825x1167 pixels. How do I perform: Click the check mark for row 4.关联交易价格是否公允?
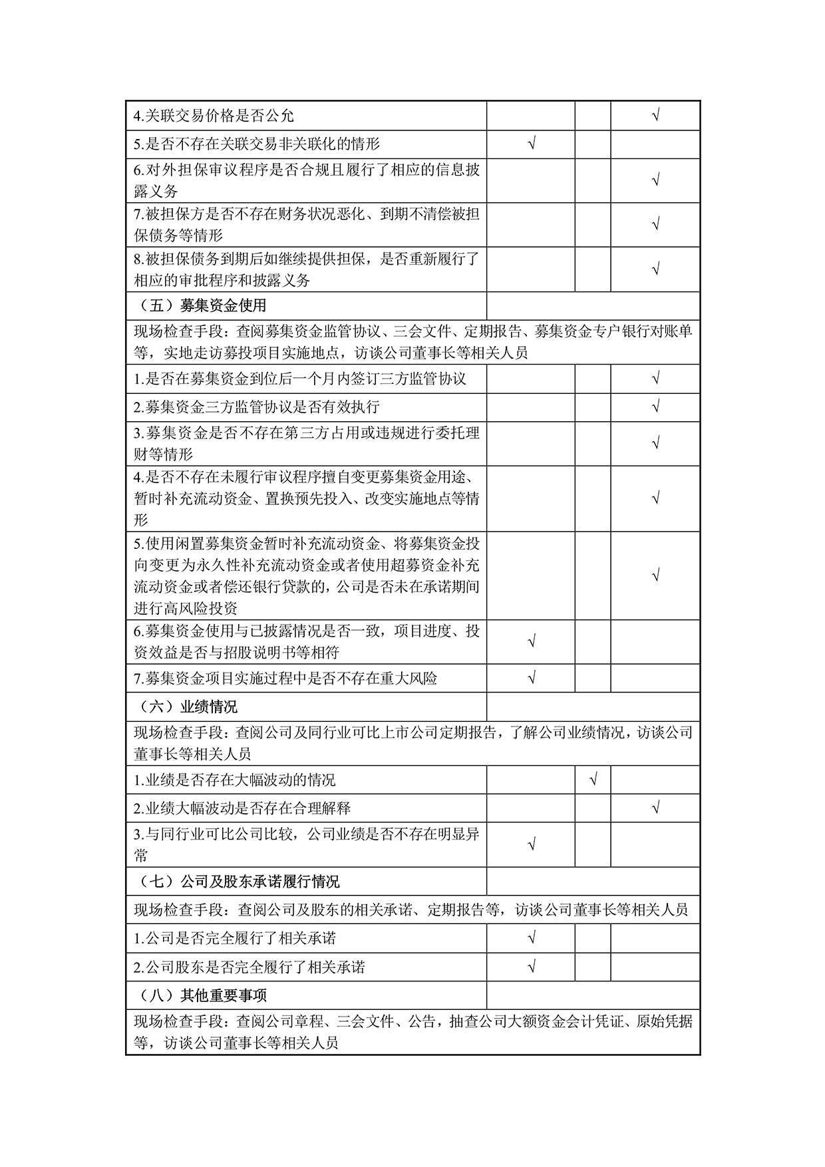pos(655,116)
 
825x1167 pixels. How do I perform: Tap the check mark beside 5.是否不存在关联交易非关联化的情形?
pos(531,144)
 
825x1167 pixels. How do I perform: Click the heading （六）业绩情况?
pos(190,706)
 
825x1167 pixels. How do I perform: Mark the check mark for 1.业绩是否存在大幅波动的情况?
pos(593,779)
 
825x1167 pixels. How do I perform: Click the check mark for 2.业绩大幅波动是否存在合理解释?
pos(655,808)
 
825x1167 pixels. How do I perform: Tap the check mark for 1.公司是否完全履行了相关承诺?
pos(531,938)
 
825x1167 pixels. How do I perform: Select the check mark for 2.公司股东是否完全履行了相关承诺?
pos(531,967)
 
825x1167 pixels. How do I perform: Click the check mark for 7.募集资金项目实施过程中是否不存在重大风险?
pos(531,678)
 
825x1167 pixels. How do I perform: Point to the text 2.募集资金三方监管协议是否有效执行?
pos(256,407)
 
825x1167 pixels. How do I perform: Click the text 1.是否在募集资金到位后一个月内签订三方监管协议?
pos(300,379)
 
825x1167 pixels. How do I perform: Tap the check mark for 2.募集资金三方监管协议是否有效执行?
pos(655,407)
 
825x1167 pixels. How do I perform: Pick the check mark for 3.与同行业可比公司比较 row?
pos(531,844)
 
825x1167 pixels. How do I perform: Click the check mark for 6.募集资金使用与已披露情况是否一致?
pos(531,641)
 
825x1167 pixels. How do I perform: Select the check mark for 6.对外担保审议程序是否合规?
pos(655,180)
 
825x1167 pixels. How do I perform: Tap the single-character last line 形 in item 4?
pos(140,520)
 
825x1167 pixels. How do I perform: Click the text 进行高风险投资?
pos(186,608)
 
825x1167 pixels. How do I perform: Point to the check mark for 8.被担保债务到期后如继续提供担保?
pos(655,269)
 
